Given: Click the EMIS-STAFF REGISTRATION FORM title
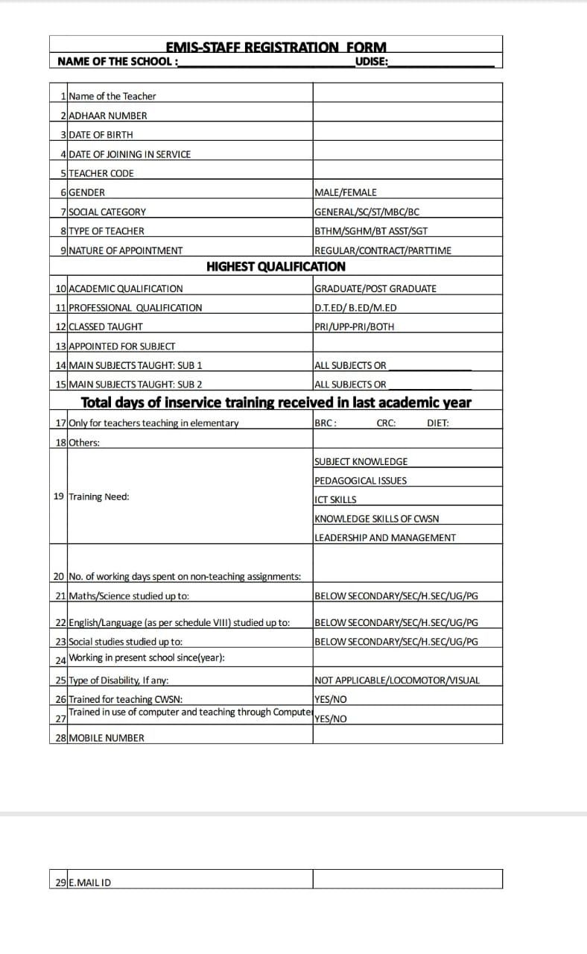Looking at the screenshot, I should click(x=276, y=47).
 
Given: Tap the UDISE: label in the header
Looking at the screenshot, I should click(x=372, y=61).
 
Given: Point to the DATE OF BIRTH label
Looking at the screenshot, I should click(x=101, y=135).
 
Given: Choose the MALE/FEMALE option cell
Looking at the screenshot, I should click(x=346, y=192).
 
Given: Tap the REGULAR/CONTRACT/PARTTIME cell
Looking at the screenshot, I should click(x=383, y=250).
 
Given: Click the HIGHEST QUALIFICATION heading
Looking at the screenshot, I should click(x=276, y=266).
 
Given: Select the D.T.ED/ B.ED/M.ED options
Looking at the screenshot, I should click(x=355, y=308).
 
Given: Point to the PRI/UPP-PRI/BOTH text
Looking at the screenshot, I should click(x=355, y=326).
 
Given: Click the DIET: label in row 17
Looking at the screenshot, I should click(x=438, y=423).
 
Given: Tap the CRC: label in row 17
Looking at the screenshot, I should click(x=386, y=423).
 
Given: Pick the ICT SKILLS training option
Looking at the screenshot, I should click(x=335, y=499).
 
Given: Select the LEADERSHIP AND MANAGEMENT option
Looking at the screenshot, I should click(x=385, y=537).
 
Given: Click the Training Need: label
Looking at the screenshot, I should click(x=98, y=496).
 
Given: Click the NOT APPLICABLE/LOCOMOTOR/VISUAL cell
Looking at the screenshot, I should click(x=397, y=680).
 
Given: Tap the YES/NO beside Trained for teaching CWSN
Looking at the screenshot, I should click(x=331, y=699).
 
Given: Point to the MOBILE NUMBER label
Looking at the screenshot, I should click(x=106, y=738).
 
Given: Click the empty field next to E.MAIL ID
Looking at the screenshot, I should click(x=407, y=879).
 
